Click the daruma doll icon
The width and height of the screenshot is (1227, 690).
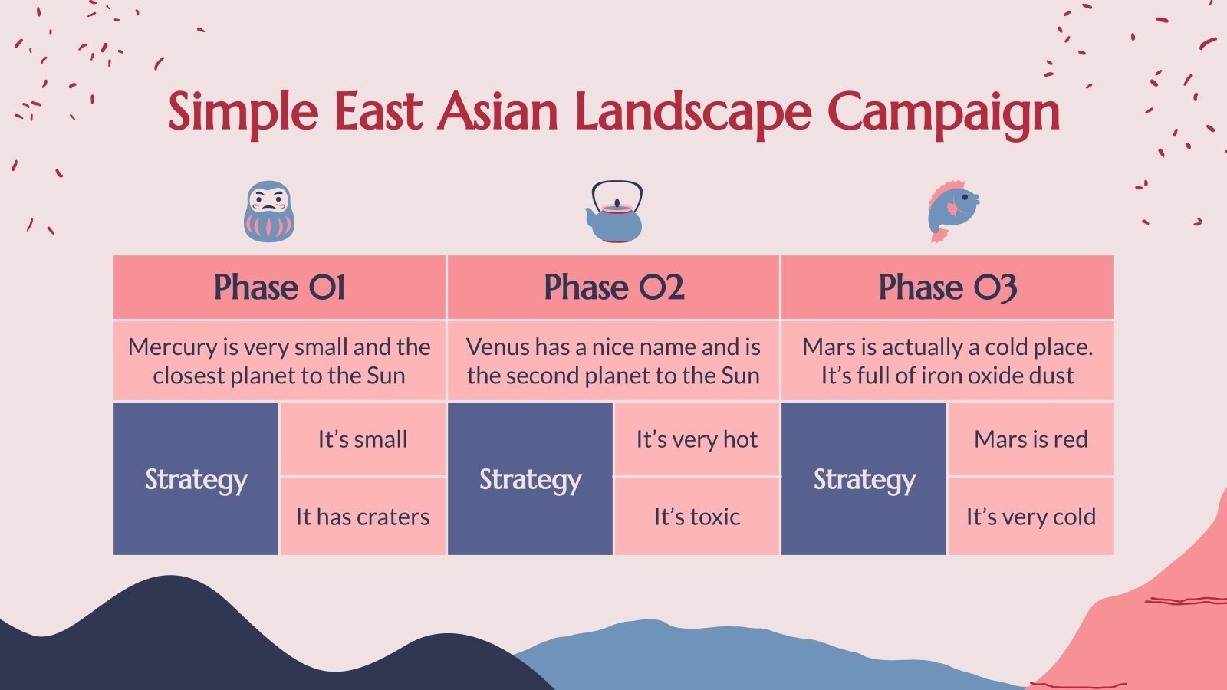pyautogui.click(x=268, y=211)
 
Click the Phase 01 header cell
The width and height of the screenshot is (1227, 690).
pyautogui.click(x=279, y=287)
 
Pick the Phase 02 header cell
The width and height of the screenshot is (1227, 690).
pyautogui.click(x=613, y=287)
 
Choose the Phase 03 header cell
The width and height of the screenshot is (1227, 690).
pyautogui.click(x=947, y=287)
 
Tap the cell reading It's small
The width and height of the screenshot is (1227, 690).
pyautogui.click(x=362, y=439)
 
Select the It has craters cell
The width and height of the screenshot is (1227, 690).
pyautogui.click(x=362, y=517)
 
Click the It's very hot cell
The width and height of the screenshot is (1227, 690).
pyautogui.click(x=696, y=439)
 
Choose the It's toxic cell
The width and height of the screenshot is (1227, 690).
pyautogui.click(x=696, y=517)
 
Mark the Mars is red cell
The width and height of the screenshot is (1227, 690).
pyautogui.click(x=1031, y=439)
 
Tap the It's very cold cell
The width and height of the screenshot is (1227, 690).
pyautogui.click(x=1031, y=517)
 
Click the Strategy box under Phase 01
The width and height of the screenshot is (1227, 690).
pyautogui.click(x=196, y=479)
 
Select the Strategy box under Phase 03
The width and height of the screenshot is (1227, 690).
pyautogui.click(x=864, y=479)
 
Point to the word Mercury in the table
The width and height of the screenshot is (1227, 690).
pyautogui.click(x=173, y=347)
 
